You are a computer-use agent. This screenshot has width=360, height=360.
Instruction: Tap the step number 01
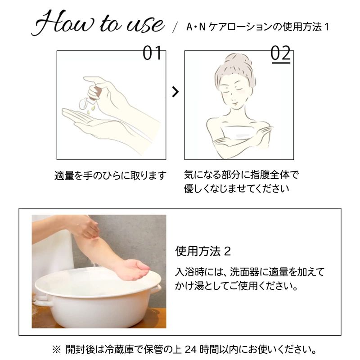click(x=152, y=53)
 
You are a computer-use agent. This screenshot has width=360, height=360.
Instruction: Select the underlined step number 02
click(x=280, y=54)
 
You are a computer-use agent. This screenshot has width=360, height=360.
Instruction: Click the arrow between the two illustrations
click(x=175, y=92)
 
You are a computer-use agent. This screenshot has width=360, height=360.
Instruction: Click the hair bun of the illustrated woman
click(x=238, y=60)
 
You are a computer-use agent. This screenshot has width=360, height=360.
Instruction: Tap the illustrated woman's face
click(x=234, y=92)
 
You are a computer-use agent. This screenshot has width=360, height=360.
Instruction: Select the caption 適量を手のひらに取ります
click(x=110, y=175)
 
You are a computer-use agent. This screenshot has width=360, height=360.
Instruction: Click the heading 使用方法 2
click(x=203, y=251)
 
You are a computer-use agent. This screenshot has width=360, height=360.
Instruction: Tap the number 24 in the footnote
click(x=190, y=350)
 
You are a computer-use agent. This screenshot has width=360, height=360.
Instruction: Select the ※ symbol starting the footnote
click(x=56, y=350)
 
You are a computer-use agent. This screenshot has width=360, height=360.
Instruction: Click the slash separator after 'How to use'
click(x=175, y=27)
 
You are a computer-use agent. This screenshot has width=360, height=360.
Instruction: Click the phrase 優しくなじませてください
click(x=236, y=189)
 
